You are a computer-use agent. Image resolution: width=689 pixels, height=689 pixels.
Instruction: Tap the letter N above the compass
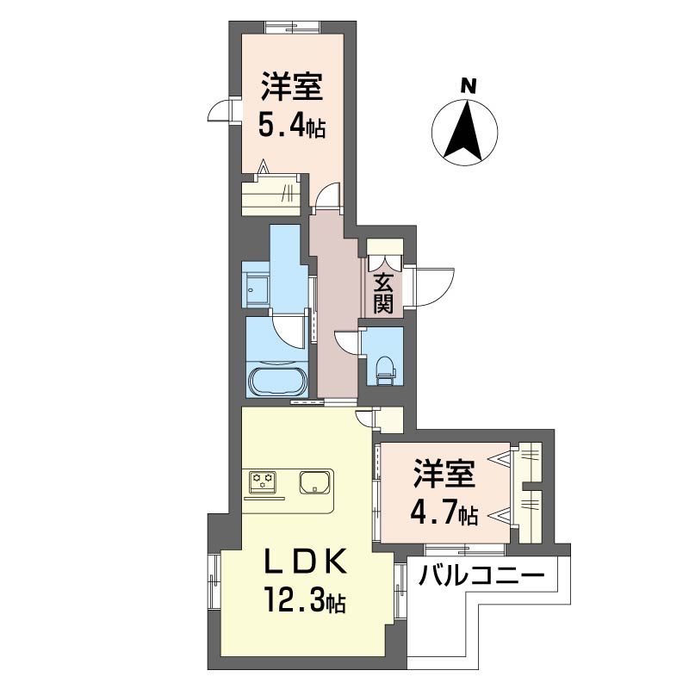[468, 86]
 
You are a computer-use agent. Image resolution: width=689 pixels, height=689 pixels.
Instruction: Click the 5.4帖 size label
[292, 127]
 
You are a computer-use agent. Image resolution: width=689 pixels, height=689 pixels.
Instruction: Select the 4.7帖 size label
[444, 514]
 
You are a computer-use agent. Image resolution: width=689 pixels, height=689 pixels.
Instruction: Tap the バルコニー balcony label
[482, 574]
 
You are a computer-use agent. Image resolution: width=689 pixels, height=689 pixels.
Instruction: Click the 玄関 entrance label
[383, 293]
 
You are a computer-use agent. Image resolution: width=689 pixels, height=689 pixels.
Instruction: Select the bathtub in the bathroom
[275, 380]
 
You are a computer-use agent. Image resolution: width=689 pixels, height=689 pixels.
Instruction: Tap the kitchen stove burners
[262, 480]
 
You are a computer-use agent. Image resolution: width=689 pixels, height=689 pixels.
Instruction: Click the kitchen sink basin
[315, 482]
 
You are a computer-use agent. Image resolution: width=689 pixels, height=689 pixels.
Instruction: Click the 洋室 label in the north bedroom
[293, 89]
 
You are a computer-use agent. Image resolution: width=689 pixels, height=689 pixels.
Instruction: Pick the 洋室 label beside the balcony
[444, 475]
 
